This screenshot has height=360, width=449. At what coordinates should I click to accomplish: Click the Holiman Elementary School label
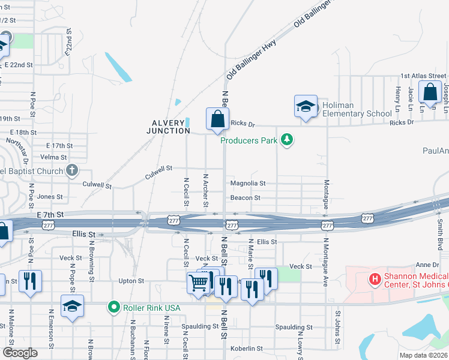tap(357, 109)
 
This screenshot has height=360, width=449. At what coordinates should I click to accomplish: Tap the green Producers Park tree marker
tap(288, 140)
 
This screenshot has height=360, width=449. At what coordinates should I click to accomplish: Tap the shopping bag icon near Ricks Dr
tap(217, 119)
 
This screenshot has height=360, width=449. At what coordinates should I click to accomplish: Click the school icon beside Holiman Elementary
tap(306, 107)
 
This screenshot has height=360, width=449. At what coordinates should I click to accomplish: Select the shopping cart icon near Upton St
tap(198, 281)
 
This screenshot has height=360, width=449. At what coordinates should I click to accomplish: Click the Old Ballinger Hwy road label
tap(250, 58)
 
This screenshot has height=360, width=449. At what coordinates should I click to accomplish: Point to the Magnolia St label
tap(248, 183)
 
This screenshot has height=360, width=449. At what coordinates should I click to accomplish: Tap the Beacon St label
tap(246, 197)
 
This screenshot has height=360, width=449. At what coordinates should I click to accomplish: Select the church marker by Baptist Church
tap(73, 170)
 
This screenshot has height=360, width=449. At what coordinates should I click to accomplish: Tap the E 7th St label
tap(50, 214)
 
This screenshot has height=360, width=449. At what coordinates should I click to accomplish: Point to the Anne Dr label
tap(427, 265)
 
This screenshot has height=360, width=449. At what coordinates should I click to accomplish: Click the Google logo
tap(20, 353)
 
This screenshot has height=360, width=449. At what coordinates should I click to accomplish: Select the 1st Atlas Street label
tap(423, 76)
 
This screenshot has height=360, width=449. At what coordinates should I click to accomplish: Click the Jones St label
tap(50, 197)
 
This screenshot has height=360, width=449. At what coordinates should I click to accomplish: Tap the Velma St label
tap(54, 157)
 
